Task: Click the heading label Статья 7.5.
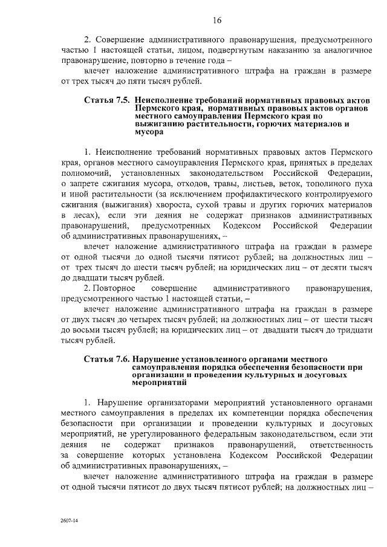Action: [108, 99]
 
